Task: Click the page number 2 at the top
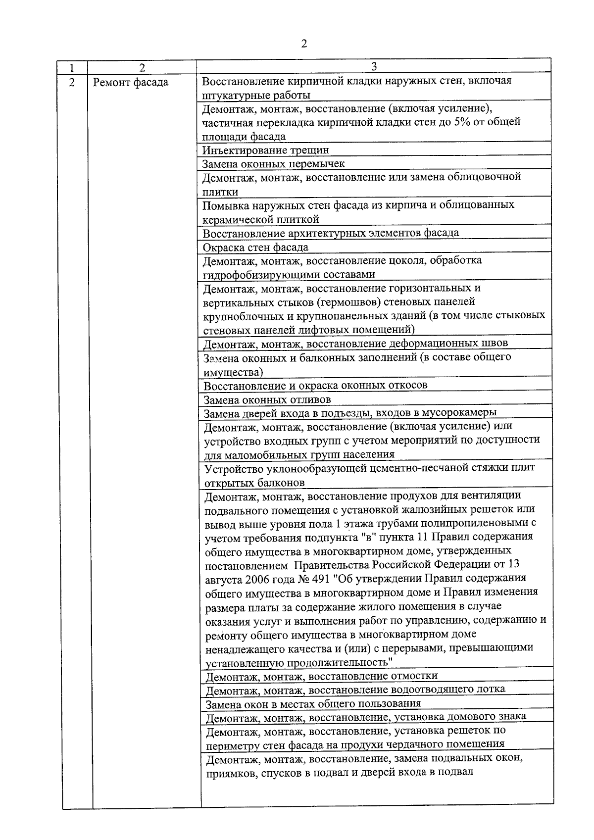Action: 304,44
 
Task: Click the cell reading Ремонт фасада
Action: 131,82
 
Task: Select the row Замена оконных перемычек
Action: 274,163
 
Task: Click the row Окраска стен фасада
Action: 256,247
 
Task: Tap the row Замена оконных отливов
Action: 267,399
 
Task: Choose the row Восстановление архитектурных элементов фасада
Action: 331,233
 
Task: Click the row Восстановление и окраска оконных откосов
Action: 315,385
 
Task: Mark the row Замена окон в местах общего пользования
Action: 313,703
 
